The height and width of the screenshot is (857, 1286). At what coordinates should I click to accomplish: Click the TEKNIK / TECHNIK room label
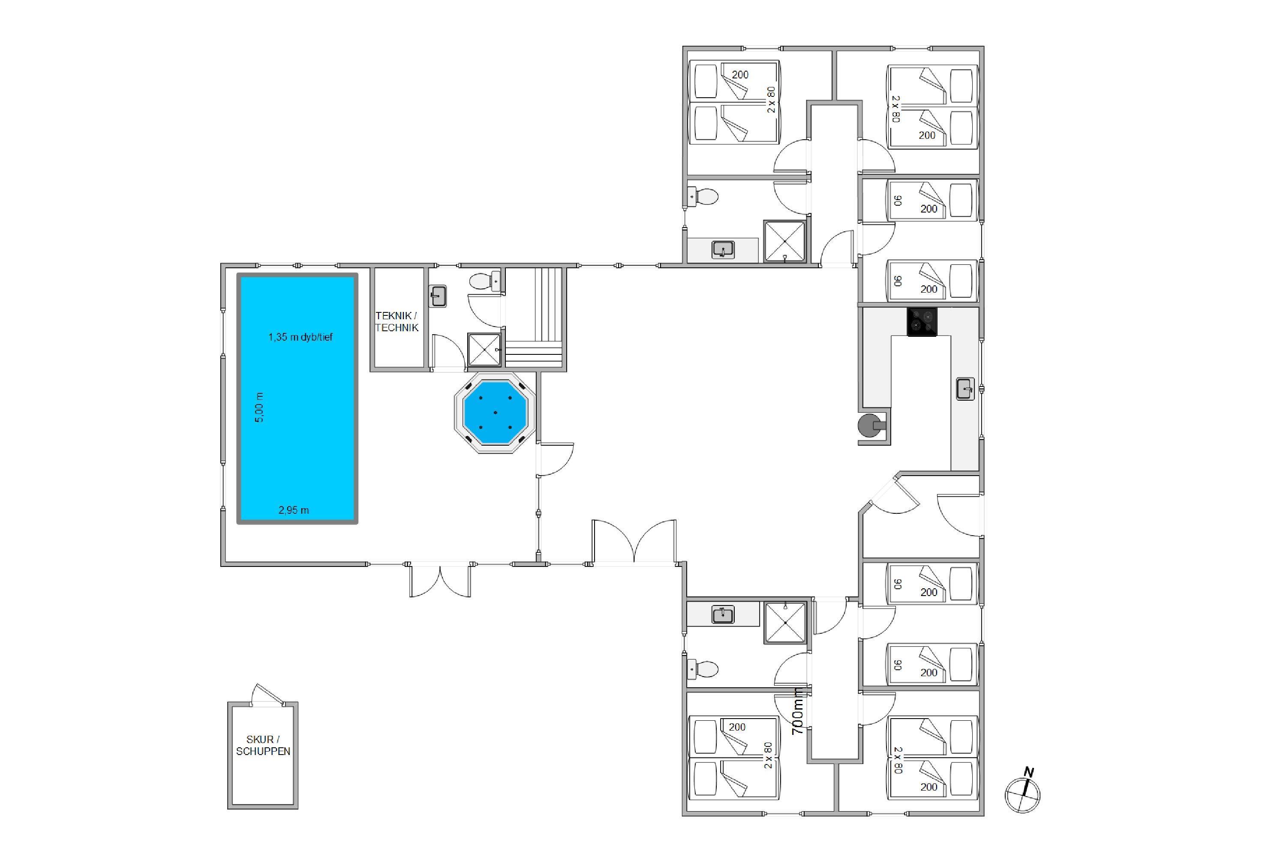(397, 321)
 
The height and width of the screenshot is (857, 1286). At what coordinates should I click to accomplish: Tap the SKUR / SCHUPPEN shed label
(263, 746)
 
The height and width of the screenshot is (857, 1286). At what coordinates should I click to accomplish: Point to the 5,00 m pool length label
(259, 407)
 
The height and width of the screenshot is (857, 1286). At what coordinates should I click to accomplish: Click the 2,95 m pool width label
(294, 510)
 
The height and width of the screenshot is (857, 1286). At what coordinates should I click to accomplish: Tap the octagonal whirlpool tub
(495, 413)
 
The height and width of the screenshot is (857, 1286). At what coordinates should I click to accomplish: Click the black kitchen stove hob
(922, 321)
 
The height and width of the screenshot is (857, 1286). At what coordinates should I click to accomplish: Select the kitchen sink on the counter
(965, 389)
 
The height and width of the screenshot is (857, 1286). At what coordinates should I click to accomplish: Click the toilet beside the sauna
(484, 281)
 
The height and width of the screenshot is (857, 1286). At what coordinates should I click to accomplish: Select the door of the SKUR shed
(267, 694)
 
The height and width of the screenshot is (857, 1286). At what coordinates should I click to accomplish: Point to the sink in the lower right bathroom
(723, 615)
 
